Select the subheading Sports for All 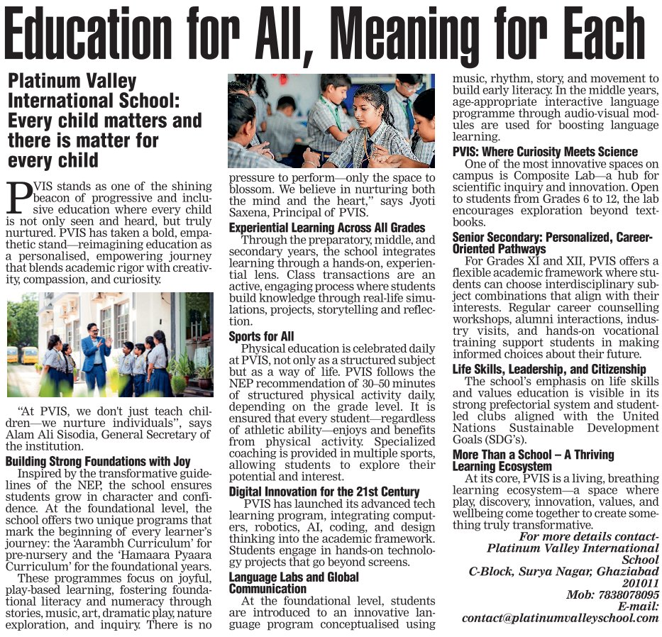(x=261, y=336)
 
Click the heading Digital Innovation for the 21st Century (x=324, y=492)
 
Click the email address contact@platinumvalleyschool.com (x=561, y=618)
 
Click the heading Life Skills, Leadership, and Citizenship (x=549, y=369)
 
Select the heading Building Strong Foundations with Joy (x=98, y=461)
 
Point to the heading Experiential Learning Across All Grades (x=327, y=228)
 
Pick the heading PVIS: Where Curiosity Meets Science (x=545, y=152)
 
